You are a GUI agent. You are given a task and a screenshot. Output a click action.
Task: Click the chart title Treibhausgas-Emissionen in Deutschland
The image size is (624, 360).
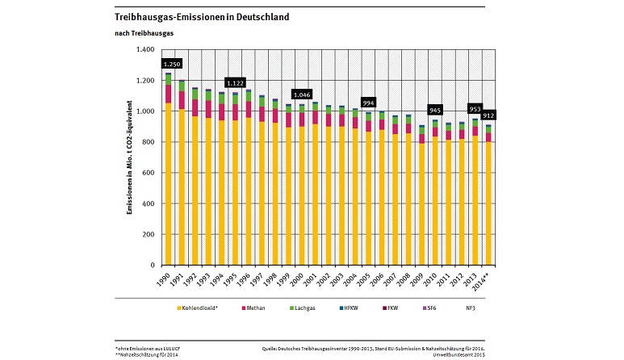coord(191,16)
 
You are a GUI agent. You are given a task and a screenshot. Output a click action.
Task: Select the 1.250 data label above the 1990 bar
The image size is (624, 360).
coord(172,64)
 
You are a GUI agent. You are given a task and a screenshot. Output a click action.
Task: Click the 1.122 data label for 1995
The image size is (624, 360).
coord(236,82)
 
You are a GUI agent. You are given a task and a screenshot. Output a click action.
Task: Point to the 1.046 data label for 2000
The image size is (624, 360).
coord(302,94)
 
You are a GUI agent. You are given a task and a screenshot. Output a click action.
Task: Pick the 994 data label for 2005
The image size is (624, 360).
coord(368,103)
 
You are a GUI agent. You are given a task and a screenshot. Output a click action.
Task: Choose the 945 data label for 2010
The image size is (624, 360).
coord(434,110)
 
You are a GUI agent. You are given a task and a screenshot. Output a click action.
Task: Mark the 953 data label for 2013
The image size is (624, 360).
coord(475,108)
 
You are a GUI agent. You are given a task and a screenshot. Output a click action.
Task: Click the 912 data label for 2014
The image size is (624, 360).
coord(488,115)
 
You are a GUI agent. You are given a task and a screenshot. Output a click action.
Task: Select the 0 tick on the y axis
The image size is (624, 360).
coord(151,266)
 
